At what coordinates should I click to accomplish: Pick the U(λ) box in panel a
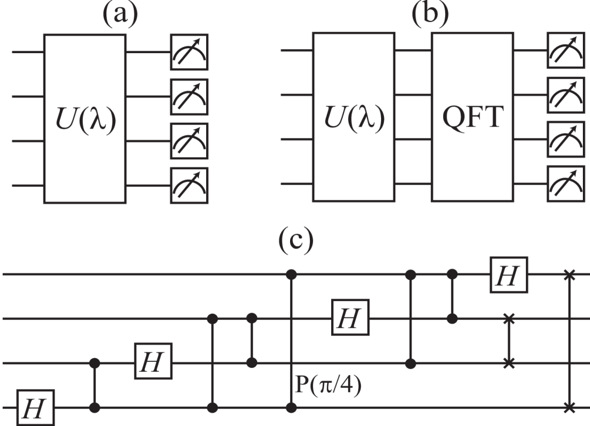click(86, 117)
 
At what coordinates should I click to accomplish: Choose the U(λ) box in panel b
click(354, 117)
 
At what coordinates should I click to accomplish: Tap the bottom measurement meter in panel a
click(189, 186)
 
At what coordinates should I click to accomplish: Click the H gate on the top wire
click(507, 274)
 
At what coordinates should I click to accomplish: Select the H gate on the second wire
click(349, 318)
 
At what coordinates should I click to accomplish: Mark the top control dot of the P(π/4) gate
click(292, 274)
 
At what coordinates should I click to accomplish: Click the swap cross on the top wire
click(570, 274)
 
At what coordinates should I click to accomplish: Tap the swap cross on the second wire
click(510, 318)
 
